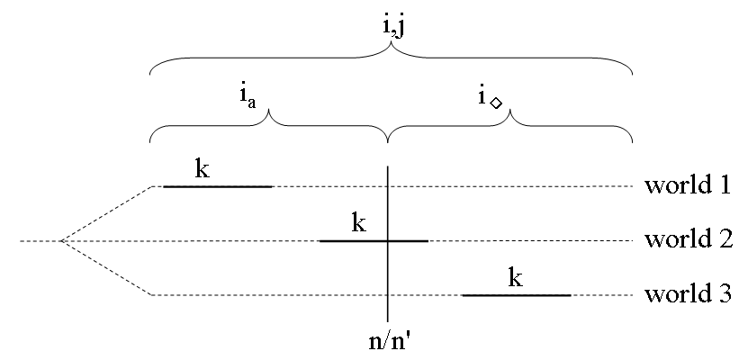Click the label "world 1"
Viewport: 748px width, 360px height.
click(x=686, y=187)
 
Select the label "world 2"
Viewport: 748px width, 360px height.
click(x=686, y=241)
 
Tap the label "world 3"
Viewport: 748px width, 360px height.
click(x=686, y=295)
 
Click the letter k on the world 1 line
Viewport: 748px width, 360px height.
click(x=203, y=168)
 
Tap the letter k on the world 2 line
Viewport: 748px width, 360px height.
click(x=358, y=222)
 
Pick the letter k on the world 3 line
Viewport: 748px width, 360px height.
click(x=515, y=276)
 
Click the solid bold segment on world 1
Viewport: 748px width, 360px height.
click(x=218, y=186)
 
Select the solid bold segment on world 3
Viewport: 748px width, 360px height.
click(x=517, y=295)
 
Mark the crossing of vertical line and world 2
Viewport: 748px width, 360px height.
click(x=388, y=241)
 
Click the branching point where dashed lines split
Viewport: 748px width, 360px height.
click(x=60, y=241)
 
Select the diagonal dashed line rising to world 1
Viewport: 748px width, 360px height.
click(x=106, y=214)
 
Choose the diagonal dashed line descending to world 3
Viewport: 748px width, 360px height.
click(x=106, y=268)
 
